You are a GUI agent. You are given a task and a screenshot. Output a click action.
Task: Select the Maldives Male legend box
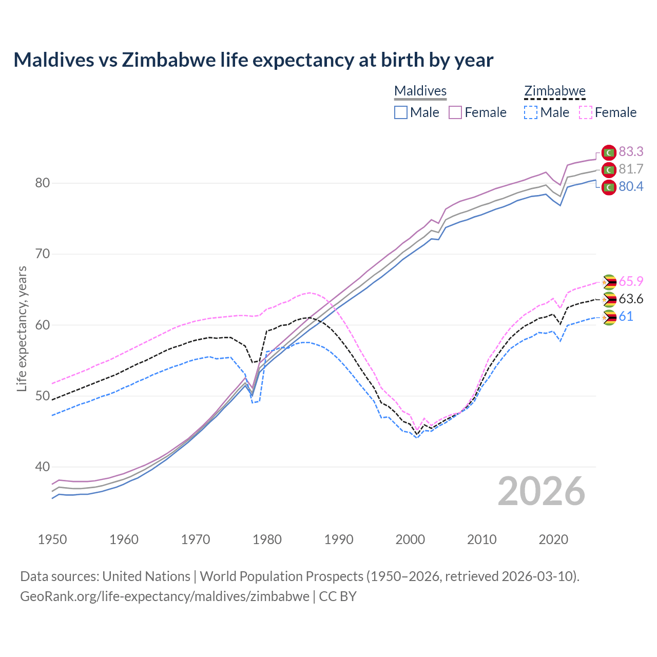click(401, 112)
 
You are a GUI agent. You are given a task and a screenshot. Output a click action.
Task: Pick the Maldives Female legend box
click(455, 112)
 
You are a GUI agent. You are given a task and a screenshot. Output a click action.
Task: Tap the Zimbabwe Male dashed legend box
click(531, 112)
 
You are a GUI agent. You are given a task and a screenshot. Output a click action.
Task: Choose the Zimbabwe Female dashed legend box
click(586, 112)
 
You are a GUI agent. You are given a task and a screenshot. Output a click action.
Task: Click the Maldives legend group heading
click(420, 91)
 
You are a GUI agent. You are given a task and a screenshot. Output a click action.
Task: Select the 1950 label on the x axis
click(52, 539)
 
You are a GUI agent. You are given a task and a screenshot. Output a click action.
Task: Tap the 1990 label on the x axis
click(339, 539)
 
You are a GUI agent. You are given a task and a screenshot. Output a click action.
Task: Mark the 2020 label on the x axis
click(553, 539)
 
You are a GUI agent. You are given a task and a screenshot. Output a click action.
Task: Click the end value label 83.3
click(631, 151)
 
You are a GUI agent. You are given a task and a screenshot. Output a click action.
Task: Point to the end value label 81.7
click(631, 169)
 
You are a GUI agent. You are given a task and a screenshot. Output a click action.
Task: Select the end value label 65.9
click(631, 281)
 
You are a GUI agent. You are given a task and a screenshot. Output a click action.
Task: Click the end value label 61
click(626, 316)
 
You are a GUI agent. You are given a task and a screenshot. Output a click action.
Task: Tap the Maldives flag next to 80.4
click(609, 187)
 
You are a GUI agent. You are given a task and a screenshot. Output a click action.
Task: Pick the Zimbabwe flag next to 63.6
click(609, 300)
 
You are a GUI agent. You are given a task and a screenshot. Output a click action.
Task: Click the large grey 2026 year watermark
click(542, 491)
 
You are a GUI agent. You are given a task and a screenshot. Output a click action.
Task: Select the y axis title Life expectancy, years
click(22, 328)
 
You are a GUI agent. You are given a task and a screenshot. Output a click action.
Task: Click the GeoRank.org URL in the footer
click(165, 596)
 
